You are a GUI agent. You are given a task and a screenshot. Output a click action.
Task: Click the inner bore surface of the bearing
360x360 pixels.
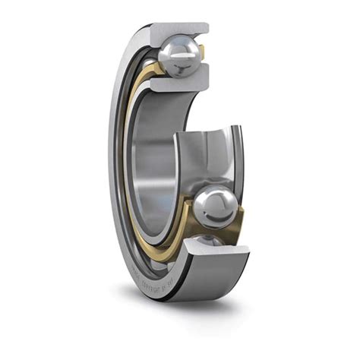tap(152, 167)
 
